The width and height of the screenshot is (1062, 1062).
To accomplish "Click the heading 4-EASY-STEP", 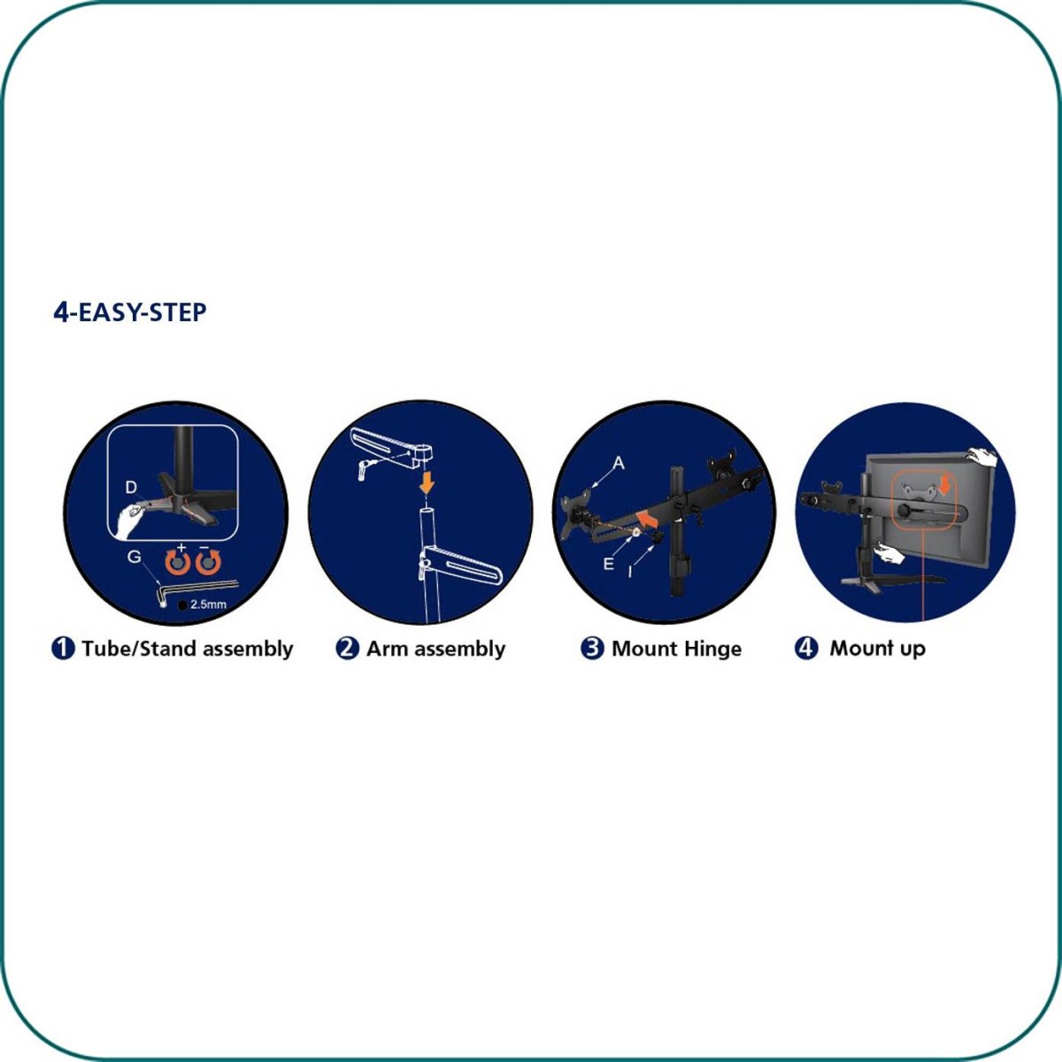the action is tap(129, 312).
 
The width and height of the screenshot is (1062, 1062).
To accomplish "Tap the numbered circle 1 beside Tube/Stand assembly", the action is tap(63, 648).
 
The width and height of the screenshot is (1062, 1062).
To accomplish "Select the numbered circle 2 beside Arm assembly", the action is tap(347, 648).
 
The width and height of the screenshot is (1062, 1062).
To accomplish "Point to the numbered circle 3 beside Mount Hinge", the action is tap(592, 648).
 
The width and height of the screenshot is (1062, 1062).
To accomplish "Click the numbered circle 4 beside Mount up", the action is tap(805, 648).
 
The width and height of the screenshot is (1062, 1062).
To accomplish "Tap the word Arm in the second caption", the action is tap(388, 649).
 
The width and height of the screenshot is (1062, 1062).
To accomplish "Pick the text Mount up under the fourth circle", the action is tap(877, 648).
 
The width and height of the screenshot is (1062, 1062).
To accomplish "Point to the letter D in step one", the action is tap(131, 487).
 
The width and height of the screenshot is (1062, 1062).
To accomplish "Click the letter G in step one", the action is tap(134, 557).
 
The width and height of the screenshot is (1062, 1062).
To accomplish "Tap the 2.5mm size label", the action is tap(208, 604).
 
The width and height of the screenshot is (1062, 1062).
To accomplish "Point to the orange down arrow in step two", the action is tap(427, 483).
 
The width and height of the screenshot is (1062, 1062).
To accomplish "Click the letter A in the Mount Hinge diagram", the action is tap(619, 463).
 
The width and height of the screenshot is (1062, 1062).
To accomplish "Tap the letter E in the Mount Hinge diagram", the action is tap(608, 563).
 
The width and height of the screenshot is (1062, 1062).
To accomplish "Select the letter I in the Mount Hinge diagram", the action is tap(629, 572).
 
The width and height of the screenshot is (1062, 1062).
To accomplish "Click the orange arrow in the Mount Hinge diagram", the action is tap(648, 519).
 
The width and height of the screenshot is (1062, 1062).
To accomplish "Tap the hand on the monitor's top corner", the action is tap(982, 457).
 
